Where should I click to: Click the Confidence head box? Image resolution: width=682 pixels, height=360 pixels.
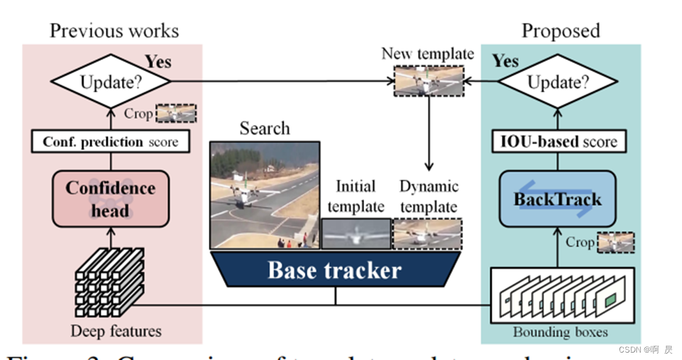(111, 198)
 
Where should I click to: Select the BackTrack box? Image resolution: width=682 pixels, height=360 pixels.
(558, 199)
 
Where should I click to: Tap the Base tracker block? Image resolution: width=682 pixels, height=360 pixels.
(335, 269)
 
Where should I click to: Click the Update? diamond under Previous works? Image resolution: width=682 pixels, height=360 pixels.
(111, 82)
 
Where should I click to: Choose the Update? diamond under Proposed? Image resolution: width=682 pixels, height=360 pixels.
(558, 82)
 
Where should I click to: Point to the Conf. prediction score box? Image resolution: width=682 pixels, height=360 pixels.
(111, 142)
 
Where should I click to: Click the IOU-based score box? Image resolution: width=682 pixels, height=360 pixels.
(558, 142)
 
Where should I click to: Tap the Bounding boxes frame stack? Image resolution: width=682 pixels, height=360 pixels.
(562, 296)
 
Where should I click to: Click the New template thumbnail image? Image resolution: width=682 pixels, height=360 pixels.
(428, 81)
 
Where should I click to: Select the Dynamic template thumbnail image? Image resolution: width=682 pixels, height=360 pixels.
(428, 233)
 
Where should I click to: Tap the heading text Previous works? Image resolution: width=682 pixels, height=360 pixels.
(114, 31)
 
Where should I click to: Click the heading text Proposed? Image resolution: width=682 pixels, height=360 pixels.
(560, 31)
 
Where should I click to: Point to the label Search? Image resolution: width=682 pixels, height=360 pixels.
(265, 128)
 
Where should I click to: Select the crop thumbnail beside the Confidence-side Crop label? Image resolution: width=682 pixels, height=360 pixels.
(176, 113)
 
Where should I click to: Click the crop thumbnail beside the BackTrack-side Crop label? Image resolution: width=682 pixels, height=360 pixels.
(615, 242)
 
